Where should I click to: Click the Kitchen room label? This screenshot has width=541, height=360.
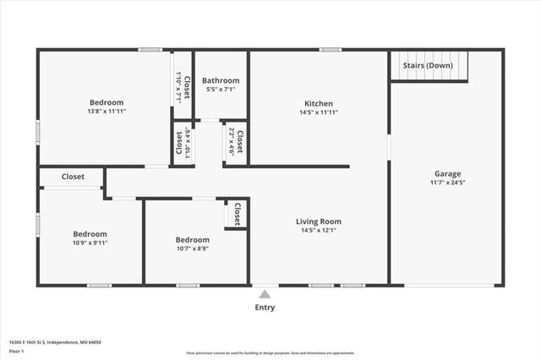[x=318, y=103]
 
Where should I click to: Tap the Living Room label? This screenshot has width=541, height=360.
[x=319, y=221]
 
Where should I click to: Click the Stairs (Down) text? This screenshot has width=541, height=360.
[x=427, y=65]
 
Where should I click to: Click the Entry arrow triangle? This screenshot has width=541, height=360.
[x=265, y=294]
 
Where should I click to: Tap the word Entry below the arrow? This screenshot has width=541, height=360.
[x=265, y=308]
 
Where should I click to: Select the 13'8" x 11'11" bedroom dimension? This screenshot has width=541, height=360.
[x=107, y=112]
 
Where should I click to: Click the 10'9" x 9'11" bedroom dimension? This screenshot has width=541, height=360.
[x=90, y=243]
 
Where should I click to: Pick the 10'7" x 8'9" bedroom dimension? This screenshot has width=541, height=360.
[x=193, y=248]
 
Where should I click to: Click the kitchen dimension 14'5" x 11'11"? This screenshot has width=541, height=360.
[x=318, y=112]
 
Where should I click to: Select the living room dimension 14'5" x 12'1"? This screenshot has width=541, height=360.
[x=319, y=231]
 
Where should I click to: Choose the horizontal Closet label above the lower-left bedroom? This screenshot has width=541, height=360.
[x=73, y=177]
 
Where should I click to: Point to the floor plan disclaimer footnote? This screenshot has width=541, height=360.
[x=270, y=352]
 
